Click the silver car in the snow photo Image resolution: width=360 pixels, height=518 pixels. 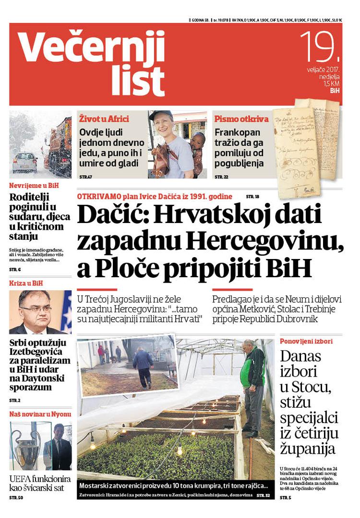[x=24, y=162]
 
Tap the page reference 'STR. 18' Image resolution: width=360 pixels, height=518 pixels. [x=252, y=197]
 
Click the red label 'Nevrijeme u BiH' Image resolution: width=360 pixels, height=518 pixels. [x=34, y=185]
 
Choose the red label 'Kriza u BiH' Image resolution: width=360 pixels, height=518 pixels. [x=26, y=283]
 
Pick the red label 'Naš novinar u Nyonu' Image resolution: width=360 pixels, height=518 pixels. [x=40, y=414]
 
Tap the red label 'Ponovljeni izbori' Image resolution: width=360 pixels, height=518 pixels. [x=306, y=341]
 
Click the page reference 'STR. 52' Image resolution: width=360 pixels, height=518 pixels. [x=263, y=494]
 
